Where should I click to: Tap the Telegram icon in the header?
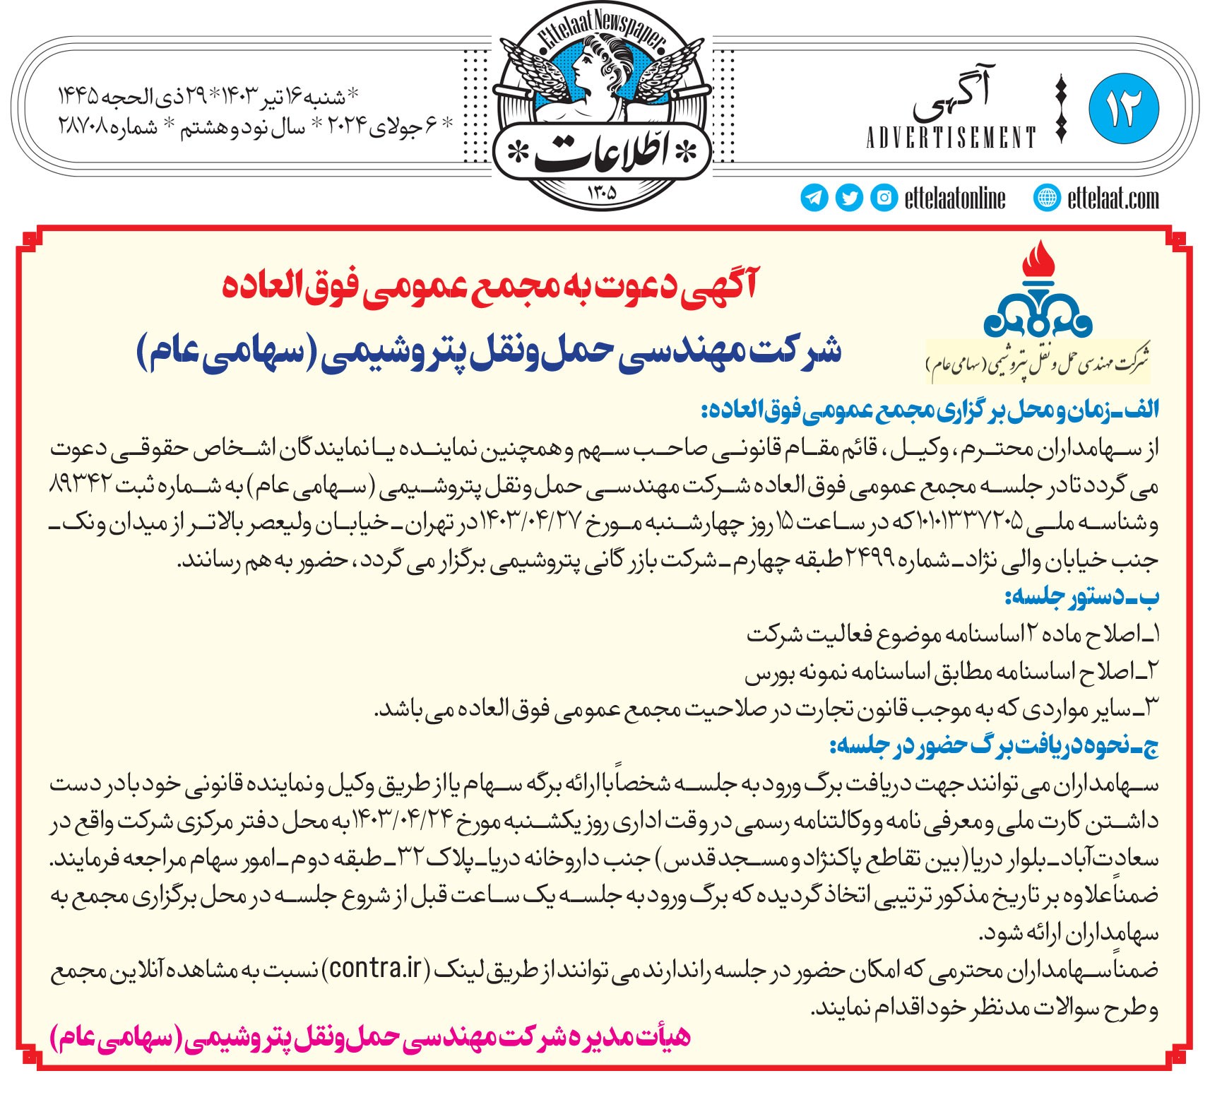click(814, 198)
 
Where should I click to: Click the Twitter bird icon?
click(849, 198)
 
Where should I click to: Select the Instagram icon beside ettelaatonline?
click(884, 198)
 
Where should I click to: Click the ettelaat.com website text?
click(1113, 199)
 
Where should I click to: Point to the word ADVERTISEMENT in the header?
click(951, 137)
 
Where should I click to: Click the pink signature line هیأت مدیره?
click(370, 1038)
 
